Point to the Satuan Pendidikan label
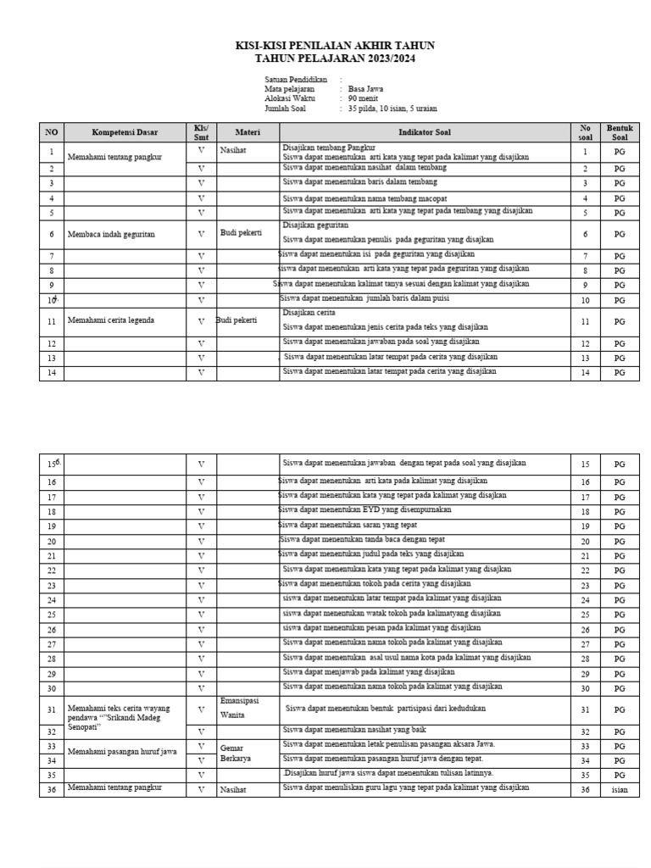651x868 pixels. (294, 78)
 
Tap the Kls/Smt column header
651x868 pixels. (201, 133)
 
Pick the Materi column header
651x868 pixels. (247, 133)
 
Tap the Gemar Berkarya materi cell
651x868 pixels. (236, 754)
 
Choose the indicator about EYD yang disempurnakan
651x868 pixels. (365, 510)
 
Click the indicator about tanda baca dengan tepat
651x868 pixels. (363, 539)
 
